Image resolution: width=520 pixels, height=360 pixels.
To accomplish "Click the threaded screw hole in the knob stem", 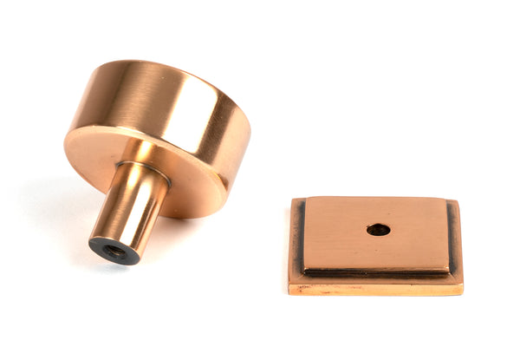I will [x=114, y=252].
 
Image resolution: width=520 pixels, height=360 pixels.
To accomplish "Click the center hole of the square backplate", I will [x=378, y=230].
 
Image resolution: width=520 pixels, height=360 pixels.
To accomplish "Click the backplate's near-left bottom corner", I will [x=289, y=292].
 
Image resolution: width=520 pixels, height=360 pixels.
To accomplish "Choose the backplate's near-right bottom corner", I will [x=462, y=292].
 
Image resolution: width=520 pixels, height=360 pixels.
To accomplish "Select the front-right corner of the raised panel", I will [x=447, y=266].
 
